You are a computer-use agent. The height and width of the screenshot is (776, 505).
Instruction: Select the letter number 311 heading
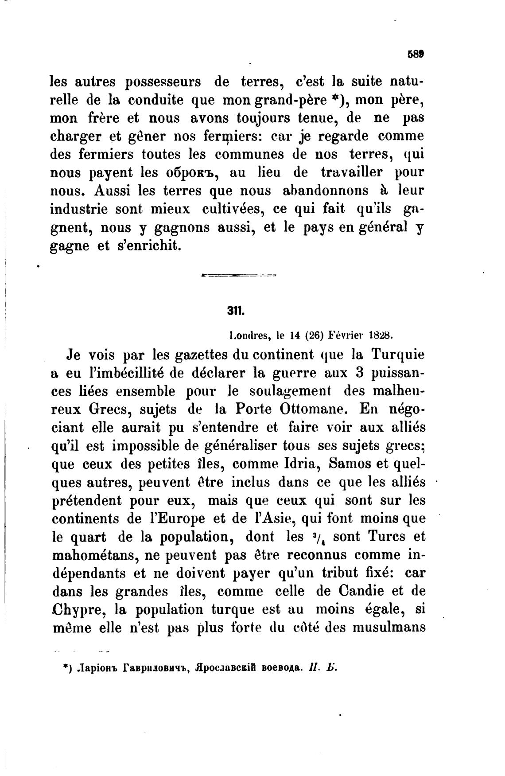[x=236, y=311]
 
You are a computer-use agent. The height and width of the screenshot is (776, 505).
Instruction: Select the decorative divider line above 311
[x=238, y=276]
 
